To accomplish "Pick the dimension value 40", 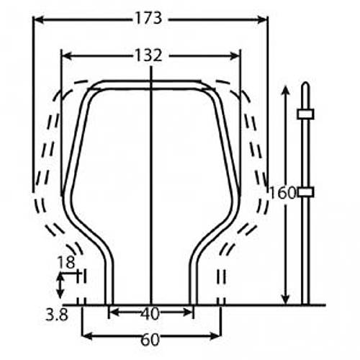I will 150,313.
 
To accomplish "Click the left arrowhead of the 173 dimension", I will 37,19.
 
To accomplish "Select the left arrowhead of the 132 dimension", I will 66,55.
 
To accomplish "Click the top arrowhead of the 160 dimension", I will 287,89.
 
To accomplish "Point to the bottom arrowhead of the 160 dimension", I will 287,299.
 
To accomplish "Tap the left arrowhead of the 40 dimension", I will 112,312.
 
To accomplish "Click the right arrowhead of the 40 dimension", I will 189,312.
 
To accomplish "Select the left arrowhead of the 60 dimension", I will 86,336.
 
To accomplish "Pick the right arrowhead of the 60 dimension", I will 215,336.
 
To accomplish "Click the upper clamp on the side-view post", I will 305,114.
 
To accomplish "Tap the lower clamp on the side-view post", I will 305,192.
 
